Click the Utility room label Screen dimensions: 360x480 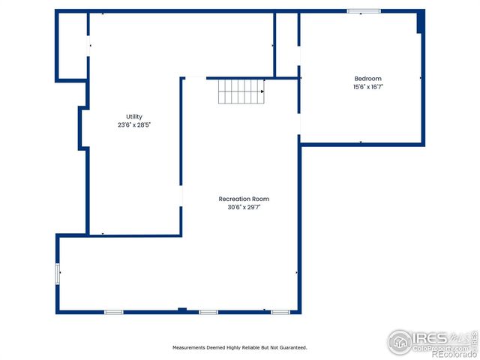coord(134,116)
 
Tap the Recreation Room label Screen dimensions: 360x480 coord(244,199)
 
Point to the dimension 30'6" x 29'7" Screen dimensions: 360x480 coord(244,207)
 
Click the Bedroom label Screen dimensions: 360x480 coord(367,79)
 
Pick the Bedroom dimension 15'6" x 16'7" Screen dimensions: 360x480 coord(367,87)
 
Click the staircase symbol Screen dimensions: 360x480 coord(241,92)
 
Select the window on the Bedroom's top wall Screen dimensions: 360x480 coord(364,11)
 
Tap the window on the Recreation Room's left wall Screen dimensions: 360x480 coord(58,274)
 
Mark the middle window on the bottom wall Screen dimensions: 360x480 coord(208,311)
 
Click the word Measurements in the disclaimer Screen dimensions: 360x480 coord(192,348)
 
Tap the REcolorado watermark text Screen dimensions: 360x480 coord(450,354)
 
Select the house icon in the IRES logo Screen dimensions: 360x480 coord(400,342)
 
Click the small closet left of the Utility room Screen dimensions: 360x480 coord(73,46)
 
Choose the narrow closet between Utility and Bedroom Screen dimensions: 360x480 coord(287,45)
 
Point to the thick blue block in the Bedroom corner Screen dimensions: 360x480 coord(421,22)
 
